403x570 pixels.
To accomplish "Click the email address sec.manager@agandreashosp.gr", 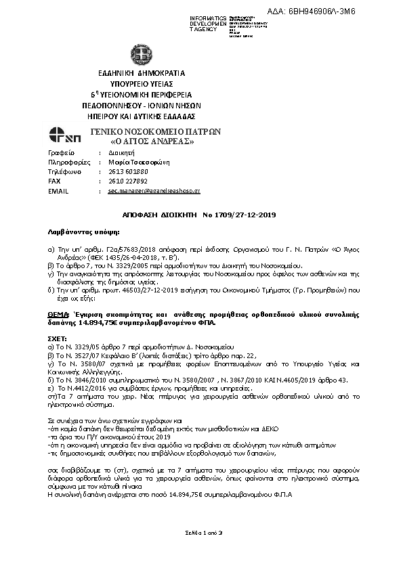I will click(154, 192).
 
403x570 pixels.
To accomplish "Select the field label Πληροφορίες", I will click(65, 162).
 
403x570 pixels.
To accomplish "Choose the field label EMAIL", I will click(59, 192).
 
